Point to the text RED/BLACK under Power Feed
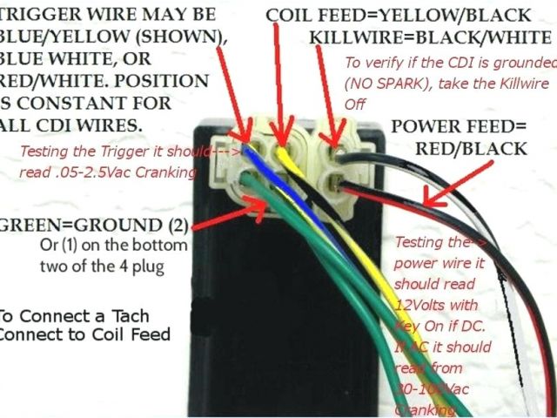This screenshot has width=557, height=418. click(471, 148)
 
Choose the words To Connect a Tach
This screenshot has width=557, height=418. click(74, 316)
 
